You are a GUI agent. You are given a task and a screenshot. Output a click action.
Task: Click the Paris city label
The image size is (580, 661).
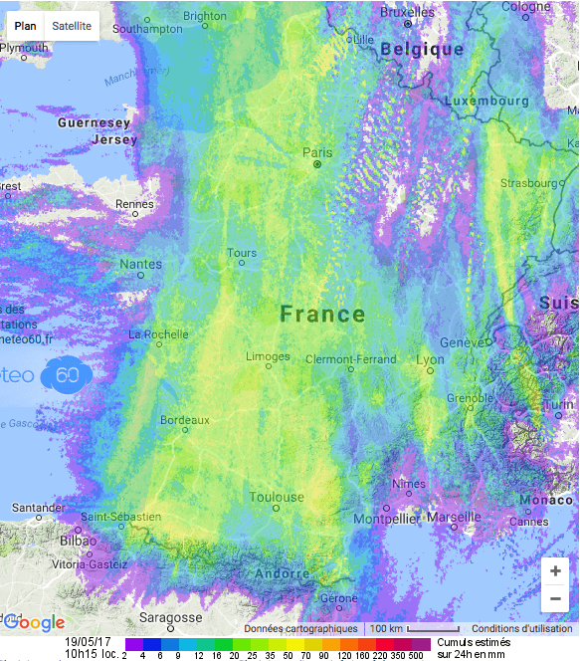tap(317, 152)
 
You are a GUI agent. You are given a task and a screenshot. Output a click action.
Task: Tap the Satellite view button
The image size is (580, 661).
tap(72, 26)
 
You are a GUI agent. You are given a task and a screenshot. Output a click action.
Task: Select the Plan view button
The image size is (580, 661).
tap(25, 26)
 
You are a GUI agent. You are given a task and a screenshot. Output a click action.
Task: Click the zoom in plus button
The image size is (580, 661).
tap(554, 571)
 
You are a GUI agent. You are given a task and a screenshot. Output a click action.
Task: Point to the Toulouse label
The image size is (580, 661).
tap(277, 497)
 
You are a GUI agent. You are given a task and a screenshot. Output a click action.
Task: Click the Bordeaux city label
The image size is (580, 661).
tap(185, 420)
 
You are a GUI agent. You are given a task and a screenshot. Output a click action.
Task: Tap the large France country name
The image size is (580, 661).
tap(322, 315)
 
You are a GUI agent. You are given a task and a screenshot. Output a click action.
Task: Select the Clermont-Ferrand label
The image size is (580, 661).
tap(350, 359)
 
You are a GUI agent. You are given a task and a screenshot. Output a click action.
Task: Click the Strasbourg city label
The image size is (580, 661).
tap(528, 183)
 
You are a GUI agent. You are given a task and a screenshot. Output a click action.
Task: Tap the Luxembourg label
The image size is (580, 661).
tap(486, 101)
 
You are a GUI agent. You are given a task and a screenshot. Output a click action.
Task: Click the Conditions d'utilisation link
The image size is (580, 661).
tap(522, 629)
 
